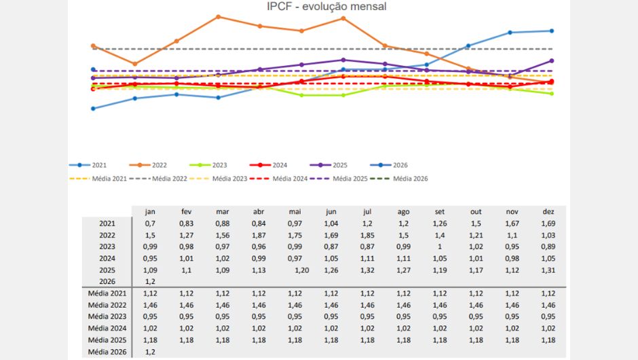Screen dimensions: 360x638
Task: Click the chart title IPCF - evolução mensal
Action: [x=318, y=7]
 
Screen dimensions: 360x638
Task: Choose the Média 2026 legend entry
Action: [x=411, y=179]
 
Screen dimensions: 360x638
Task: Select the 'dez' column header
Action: [x=548, y=211]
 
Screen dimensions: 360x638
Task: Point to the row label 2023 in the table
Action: [x=107, y=247]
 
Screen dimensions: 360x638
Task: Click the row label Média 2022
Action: [x=107, y=304]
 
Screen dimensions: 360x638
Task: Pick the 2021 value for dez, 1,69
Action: [x=548, y=223]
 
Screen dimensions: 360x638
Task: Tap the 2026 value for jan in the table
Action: [x=150, y=282]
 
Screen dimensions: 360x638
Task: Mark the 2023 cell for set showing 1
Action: [x=439, y=247]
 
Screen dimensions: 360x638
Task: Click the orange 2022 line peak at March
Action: [x=218, y=16]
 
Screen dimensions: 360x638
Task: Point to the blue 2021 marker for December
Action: [x=552, y=31]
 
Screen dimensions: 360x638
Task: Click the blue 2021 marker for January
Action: [x=93, y=109]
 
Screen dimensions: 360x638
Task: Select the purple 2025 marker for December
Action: [x=552, y=60]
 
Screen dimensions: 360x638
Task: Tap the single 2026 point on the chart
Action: [x=93, y=69]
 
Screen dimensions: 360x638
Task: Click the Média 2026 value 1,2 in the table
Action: [x=150, y=352]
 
